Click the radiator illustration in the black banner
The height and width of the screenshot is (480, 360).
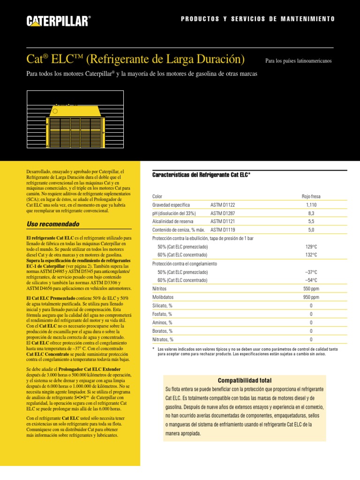tap(75, 126)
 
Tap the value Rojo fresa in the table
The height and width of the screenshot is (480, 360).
tap(311, 196)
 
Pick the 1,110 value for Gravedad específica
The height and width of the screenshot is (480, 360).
tap(311, 205)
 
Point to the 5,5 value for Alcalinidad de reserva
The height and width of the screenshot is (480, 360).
tap(311, 222)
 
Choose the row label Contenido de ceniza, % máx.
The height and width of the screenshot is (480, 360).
tap(179, 230)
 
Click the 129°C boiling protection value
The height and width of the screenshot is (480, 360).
tap(311, 247)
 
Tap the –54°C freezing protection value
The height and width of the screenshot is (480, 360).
tap(311, 280)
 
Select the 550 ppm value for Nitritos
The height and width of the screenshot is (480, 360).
tap(311, 289)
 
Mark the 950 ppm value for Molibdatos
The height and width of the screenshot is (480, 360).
tap(311, 297)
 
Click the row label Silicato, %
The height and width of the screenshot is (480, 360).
tap(163, 306)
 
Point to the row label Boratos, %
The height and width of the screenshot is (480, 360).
tap(163, 331)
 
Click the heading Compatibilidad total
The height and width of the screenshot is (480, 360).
tap(245, 380)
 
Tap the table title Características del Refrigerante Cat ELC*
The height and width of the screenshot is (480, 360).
tap(202, 174)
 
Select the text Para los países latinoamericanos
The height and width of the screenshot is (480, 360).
tap(298, 61)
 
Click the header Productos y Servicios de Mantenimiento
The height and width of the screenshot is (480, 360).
tap(258, 19)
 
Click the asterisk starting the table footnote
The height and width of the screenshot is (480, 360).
tap(154, 349)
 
